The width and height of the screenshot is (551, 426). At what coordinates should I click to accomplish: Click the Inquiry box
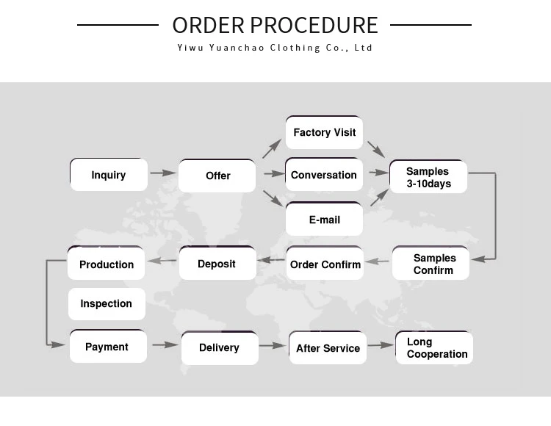tap(109, 175)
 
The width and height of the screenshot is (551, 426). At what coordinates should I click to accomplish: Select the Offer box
tap(217, 176)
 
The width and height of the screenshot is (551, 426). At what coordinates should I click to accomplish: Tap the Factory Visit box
tap(324, 133)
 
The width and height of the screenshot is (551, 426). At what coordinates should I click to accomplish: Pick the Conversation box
tap(324, 175)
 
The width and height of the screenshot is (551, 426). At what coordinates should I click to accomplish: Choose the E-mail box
tap(324, 220)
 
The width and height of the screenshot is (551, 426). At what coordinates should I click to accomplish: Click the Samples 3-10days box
tap(428, 177)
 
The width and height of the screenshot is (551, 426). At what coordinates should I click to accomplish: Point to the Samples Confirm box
tap(433, 264)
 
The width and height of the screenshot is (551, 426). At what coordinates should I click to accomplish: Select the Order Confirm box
tap(325, 264)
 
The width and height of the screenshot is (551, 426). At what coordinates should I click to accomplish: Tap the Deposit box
tap(217, 264)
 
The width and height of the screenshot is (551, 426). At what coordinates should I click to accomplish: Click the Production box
tap(107, 264)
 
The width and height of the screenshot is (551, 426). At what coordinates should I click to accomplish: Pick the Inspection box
tap(107, 303)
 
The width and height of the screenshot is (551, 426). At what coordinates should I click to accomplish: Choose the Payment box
tap(107, 347)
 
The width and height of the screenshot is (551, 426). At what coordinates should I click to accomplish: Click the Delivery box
tap(219, 347)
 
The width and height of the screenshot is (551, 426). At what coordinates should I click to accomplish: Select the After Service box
tap(328, 348)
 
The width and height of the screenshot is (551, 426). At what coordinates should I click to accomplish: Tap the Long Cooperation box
tap(435, 348)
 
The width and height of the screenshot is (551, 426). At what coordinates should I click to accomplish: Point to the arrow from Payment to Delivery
tap(165, 344)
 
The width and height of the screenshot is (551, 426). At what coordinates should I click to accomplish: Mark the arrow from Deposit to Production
tap(162, 260)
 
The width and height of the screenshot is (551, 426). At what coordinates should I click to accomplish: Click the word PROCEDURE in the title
tap(314, 25)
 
